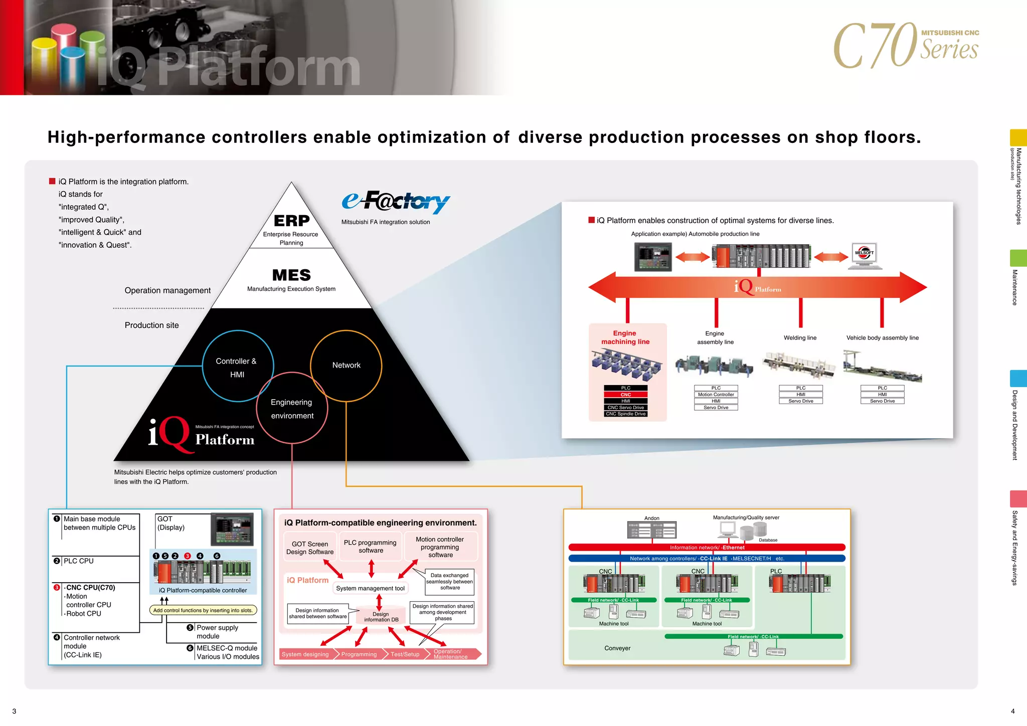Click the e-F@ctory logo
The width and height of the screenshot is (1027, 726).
(396, 202)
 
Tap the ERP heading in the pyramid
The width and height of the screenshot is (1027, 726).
(291, 221)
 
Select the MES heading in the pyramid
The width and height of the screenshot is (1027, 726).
(291, 275)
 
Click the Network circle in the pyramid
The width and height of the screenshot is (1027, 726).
(346, 366)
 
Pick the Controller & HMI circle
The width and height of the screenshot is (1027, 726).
(237, 367)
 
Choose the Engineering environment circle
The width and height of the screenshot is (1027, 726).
(292, 409)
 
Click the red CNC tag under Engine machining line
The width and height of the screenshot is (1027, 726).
(625, 395)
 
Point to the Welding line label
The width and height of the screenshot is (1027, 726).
(800, 338)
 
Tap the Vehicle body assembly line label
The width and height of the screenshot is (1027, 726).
(882, 338)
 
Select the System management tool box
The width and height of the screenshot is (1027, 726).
(370, 588)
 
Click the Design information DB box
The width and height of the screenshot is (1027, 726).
(381, 617)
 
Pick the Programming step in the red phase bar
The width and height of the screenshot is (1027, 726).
(359, 654)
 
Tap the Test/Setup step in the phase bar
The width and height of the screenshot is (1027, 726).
(405, 654)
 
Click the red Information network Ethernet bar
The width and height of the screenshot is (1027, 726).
(707, 548)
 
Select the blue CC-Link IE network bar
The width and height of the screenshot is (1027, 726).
(707, 559)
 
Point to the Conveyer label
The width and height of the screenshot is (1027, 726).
(617, 648)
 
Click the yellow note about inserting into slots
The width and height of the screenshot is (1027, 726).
(203, 610)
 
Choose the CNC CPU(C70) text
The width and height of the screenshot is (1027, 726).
(91, 588)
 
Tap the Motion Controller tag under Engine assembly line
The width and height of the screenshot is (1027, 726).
(716, 395)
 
